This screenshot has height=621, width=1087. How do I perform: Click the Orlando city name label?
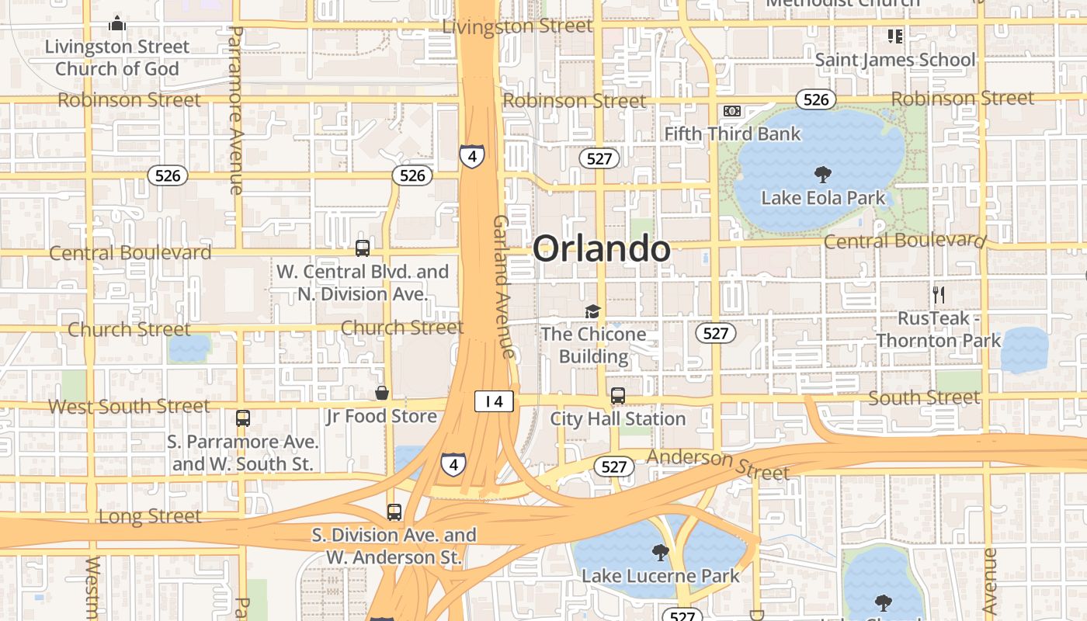pos(601,249)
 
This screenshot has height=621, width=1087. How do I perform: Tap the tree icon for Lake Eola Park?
pos(822,175)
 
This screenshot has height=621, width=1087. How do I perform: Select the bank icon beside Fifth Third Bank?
pos(731,111)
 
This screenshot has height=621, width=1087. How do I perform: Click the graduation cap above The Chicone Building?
pos(593,311)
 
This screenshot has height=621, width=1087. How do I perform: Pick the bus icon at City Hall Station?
pos(618,396)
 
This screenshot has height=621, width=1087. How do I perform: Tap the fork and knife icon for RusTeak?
pos(939,295)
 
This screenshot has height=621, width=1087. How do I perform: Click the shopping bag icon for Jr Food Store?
pos(382,393)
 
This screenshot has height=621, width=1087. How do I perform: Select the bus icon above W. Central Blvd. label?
pos(363,248)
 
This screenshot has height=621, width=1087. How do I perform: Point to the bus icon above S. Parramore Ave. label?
pos(243,418)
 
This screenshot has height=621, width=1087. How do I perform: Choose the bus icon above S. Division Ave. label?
pos(394,512)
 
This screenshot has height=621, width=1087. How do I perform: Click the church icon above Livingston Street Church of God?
pos(117,23)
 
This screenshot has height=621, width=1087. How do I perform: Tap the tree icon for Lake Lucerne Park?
pos(661,553)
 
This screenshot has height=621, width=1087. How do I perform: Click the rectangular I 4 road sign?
pos(494,401)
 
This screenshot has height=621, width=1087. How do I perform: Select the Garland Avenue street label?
pos(503,286)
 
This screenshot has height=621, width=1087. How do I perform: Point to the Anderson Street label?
pos(717,463)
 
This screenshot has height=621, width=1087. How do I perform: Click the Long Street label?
pos(150,516)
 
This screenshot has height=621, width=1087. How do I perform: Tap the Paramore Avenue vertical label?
pos(235,109)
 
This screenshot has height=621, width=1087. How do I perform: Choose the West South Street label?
pos(129,406)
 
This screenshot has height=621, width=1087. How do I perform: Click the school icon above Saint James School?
pos(895,36)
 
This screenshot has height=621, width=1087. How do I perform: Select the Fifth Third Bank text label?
pos(732,134)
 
